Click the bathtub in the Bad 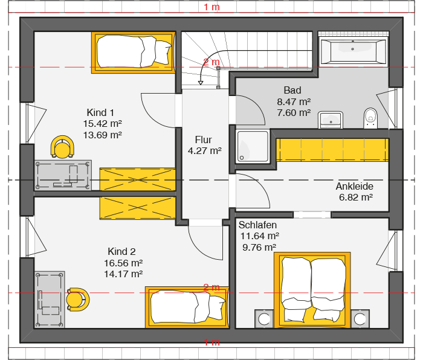353,50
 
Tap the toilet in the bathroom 370,118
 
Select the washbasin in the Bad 331,120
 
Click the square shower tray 253,146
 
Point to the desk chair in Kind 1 62,147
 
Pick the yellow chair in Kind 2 78,300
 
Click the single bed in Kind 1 134,53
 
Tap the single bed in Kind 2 187,307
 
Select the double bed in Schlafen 312,290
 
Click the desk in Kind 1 63,175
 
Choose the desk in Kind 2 50,300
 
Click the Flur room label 204,140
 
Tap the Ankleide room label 355,186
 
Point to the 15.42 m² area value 103,123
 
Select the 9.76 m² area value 259,247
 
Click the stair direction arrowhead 201,83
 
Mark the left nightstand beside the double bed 265,319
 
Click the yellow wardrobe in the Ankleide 332,150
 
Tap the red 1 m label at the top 211,7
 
